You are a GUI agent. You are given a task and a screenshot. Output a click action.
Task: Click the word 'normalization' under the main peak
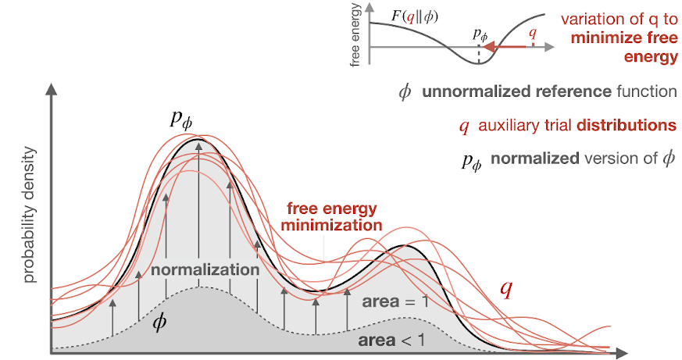coord(205,269)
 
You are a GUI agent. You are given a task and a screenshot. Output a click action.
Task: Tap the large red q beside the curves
coord(506,289)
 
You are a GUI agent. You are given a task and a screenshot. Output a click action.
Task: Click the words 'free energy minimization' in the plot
coord(333,216)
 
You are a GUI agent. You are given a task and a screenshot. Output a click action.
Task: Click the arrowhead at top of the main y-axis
coord(52,89)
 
